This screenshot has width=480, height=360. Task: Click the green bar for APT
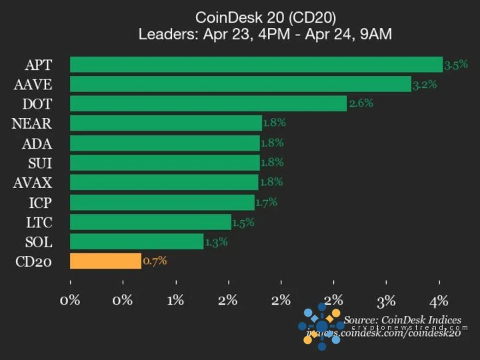[256, 65]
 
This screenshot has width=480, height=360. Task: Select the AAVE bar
[240, 84]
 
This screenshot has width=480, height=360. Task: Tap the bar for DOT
[208, 103]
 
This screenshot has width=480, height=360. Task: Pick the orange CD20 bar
[105, 261]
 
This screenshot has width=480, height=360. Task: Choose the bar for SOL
[137, 241]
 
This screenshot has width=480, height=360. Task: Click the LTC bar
[151, 222]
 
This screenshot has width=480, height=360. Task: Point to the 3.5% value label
[456, 65]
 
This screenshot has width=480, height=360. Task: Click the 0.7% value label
[155, 261]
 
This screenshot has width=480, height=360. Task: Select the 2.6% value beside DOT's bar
[361, 103]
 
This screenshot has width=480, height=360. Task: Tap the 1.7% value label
[266, 202]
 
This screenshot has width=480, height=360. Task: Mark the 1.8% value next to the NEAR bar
[274, 123]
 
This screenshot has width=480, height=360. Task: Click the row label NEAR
[32, 123]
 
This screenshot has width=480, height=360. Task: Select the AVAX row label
[33, 183]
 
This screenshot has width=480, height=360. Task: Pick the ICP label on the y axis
[38, 202]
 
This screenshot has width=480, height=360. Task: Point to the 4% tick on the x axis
[439, 300]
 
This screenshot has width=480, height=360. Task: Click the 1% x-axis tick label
[176, 300]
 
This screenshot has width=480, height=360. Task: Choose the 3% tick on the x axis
[387, 300]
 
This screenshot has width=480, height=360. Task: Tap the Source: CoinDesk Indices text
[403, 320]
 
